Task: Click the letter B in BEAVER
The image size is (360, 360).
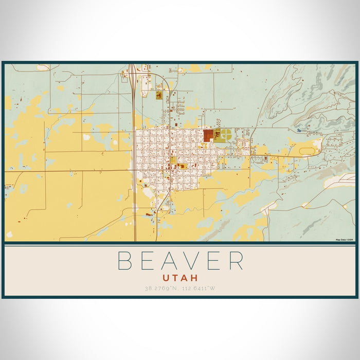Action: pyautogui.click(x=125, y=261)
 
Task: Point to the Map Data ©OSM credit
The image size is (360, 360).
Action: pyautogui.click(x=345, y=240)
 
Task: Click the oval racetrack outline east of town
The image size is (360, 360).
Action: pyautogui.click(x=307, y=151)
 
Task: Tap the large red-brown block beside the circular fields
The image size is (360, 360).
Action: pyautogui.click(x=208, y=136)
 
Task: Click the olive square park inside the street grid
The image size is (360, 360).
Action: pyautogui.click(x=173, y=160)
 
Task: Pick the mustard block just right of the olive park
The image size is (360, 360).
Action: pyautogui.click(x=182, y=166)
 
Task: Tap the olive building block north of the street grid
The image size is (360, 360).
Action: pyautogui.click(x=159, y=96)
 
